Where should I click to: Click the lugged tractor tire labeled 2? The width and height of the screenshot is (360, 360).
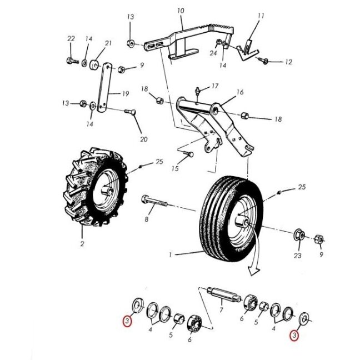(x=96, y=187)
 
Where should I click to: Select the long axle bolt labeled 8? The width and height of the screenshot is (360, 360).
(x=154, y=201)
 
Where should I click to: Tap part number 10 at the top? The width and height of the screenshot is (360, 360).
(x=181, y=11)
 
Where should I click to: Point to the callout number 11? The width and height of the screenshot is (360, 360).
(x=261, y=16)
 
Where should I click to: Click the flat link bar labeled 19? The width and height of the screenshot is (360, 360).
(x=104, y=87)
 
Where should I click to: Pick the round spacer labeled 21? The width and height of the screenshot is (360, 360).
(x=94, y=64)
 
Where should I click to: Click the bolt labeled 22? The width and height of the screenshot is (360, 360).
(x=73, y=61)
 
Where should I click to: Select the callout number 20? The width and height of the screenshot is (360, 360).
(x=144, y=139)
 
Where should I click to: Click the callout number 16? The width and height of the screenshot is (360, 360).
(x=240, y=92)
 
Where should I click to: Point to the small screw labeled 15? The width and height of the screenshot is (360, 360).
(x=188, y=153)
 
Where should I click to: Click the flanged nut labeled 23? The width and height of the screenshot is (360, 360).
(x=299, y=234)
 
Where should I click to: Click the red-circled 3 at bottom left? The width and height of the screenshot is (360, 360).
(x=127, y=321)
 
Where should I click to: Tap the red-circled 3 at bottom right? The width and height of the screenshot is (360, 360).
(x=294, y=336)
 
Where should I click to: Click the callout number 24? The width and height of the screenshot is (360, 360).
(x=213, y=53)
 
